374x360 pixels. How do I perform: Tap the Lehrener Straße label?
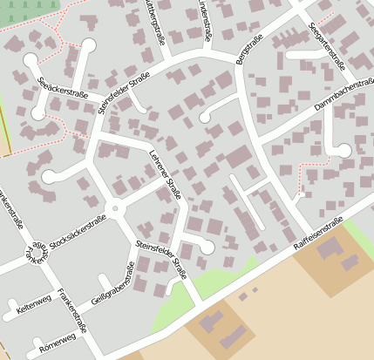pos(165,174)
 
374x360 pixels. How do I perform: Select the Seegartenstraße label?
pos(327,45)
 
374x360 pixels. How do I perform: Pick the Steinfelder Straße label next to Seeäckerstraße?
pos(125,98)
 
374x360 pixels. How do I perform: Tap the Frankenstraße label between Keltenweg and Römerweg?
pos(71,311)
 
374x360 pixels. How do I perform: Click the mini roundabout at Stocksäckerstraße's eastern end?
pos(114,209)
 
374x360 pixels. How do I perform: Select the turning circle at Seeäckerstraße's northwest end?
pos(31,60)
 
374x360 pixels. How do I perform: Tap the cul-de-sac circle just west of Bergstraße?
pos(206,116)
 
